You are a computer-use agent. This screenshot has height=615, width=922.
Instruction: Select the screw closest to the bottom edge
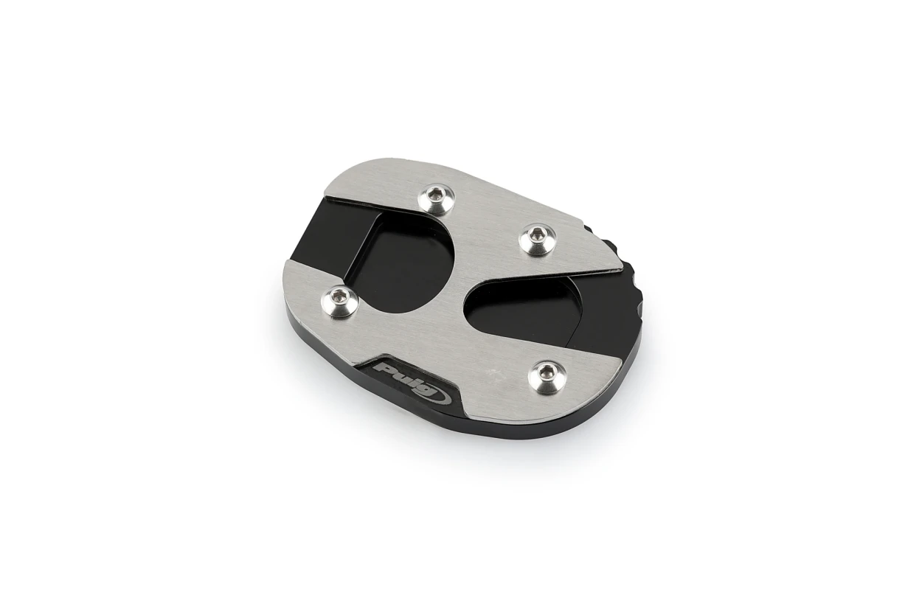point(547,374)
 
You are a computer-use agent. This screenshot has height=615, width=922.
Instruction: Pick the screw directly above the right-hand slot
point(536,238)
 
